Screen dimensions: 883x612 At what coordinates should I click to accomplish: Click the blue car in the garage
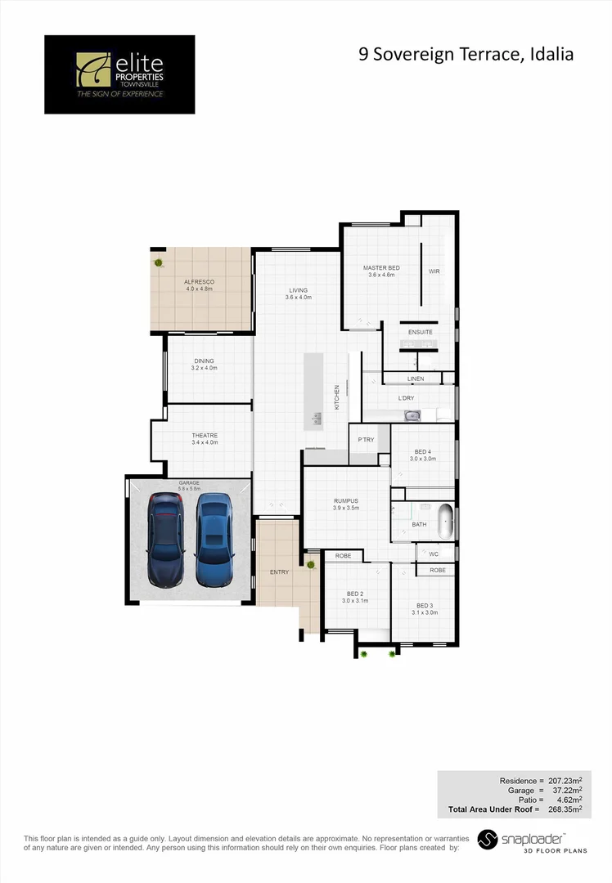click(x=214, y=540)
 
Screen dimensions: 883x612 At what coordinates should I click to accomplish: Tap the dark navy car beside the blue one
click(x=166, y=540)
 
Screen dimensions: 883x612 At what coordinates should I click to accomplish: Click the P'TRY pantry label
click(x=366, y=440)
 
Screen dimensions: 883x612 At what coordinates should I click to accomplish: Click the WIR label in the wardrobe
click(x=434, y=271)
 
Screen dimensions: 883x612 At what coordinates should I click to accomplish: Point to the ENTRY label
click(x=279, y=571)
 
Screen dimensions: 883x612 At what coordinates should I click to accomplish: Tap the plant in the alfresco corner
click(x=159, y=262)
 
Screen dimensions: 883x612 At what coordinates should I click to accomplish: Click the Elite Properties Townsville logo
click(x=119, y=74)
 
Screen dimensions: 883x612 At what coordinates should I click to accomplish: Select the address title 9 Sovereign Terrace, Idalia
click(x=466, y=55)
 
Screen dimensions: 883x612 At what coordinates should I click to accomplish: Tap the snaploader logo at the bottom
click(x=532, y=841)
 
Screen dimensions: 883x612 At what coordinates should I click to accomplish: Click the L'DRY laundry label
click(x=406, y=398)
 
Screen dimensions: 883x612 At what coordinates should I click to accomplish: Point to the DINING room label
click(x=204, y=365)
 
